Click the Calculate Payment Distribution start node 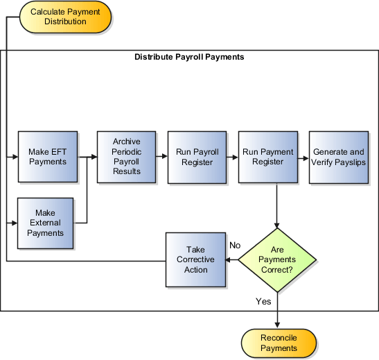tap(65, 17)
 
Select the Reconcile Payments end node tap(279, 343)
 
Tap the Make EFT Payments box tap(47, 157)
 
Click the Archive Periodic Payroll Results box tap(126, 157)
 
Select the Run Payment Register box tap(267, 157)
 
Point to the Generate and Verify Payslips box tap(338, 157)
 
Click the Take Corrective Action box tap(196, 259)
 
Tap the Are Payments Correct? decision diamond tap(277, 259)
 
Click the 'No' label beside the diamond tap(235, 245)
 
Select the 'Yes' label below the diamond tap(263, 302)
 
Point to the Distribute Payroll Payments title tap(188, 57)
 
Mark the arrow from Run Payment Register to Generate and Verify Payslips tap(303, 157)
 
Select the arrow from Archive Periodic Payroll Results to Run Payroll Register tap(161, 157)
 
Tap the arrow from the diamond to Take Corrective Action tap(233, 260)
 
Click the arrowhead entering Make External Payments tap(12, 223)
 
